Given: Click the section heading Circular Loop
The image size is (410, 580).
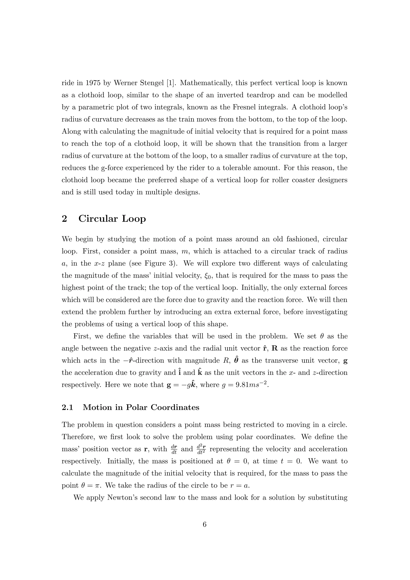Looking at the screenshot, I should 112,219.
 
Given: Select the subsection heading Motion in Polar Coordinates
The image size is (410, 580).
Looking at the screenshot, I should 141,408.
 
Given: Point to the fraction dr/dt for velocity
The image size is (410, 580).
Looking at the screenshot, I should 174,449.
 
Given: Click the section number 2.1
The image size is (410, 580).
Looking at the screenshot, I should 67,408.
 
